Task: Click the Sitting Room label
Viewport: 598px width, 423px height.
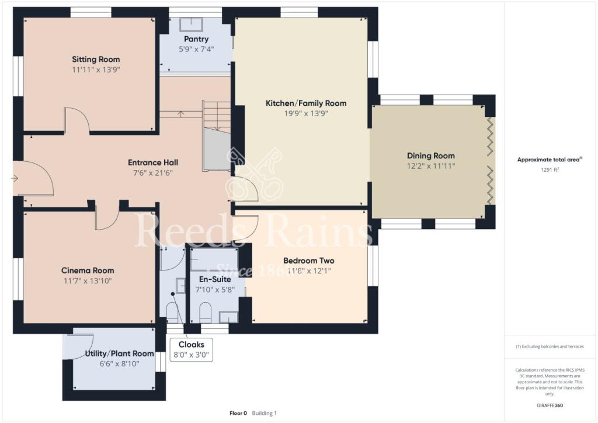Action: point(96,59)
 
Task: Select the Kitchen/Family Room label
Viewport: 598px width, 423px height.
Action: point(306,103)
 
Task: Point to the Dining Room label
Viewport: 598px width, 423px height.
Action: point(430,155)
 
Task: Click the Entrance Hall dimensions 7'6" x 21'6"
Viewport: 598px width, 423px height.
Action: point(154,172)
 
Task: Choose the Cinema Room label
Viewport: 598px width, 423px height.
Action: point(88,271)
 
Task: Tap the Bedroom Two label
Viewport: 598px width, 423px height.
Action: point(308,261)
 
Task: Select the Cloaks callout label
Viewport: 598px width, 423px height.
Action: point(192,344)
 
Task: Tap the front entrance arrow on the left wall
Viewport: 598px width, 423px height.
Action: point(15,178)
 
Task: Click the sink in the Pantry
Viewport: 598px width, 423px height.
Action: point(191,24)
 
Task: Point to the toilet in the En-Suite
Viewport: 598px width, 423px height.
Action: point(204,311)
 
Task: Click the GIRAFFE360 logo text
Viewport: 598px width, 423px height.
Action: point(551,405)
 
